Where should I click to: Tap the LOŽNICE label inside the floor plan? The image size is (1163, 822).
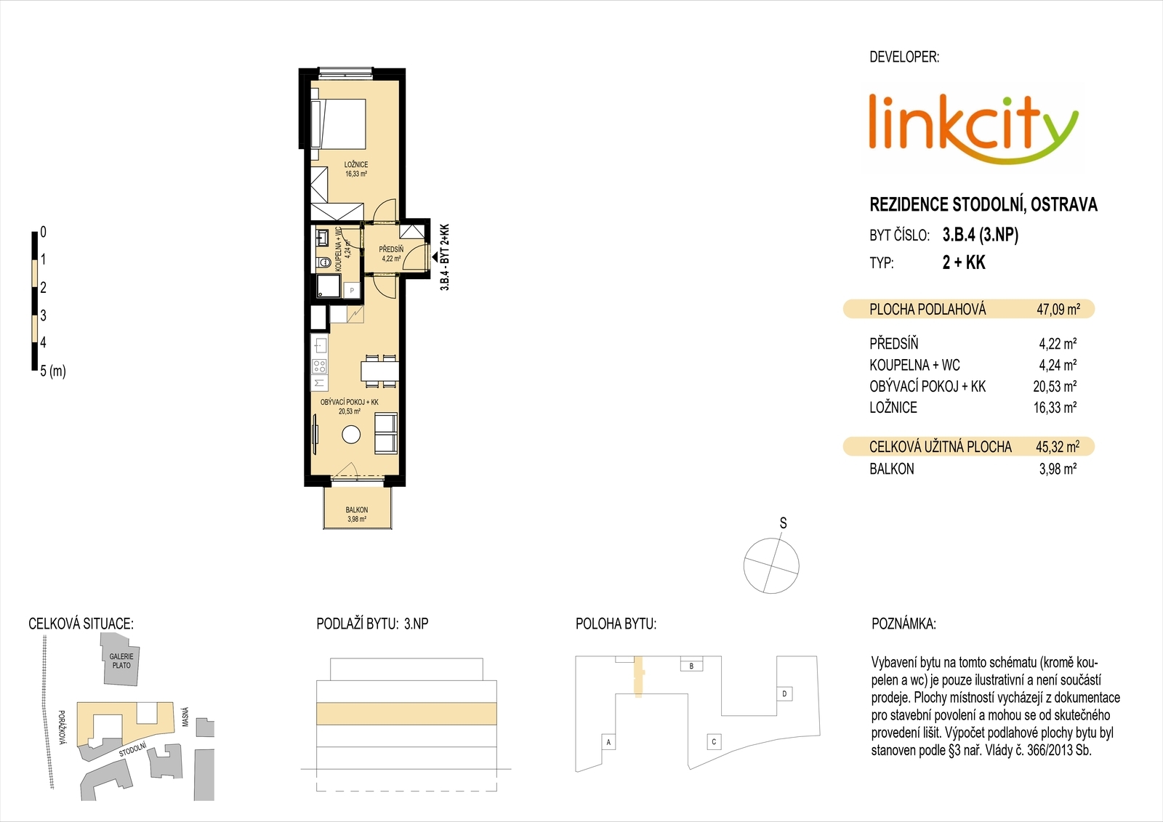click(x=355, y=164)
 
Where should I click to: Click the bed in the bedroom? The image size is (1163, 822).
click(x=339, y=124)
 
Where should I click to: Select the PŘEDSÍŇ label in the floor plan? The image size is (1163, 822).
click(x=391, y=249)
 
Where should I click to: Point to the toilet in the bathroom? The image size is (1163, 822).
click(x=324, y=262)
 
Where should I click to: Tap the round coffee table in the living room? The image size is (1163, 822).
click(x=352, y=434)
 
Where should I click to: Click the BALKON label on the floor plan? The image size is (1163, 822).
click(x=357, y=510)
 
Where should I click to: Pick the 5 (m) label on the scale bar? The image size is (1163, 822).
click(x=53, y=371)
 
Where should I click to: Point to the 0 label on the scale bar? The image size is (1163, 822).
click(x=43, y=232)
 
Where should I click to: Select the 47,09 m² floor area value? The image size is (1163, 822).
click(x=1058, y=310)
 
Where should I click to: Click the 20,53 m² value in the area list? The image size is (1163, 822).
click(x=1055, y=387)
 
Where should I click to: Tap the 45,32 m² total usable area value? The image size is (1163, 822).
click(x=1058, y=446)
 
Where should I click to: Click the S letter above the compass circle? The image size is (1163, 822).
click(x=783, y=523)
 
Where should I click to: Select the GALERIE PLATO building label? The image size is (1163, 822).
click(x=121, y=661)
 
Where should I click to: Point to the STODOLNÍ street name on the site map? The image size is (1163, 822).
click(x=132, y=749)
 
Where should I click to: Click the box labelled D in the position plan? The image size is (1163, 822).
click(x=784, y=694)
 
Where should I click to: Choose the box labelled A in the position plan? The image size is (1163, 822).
click(x=608, y=743)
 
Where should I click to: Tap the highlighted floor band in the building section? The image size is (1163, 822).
click(x=406, y=714)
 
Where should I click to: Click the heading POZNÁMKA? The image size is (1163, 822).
click(x=904, y=624)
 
